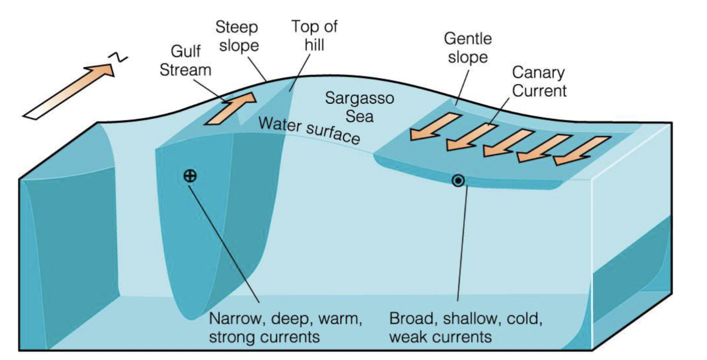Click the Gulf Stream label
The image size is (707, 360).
[190, 60]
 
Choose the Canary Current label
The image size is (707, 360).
[539, 82]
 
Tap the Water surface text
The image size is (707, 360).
[309, 130]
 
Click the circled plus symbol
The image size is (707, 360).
[190, 176]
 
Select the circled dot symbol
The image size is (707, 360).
[458, 181]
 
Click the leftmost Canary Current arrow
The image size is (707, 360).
[435, 127]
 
